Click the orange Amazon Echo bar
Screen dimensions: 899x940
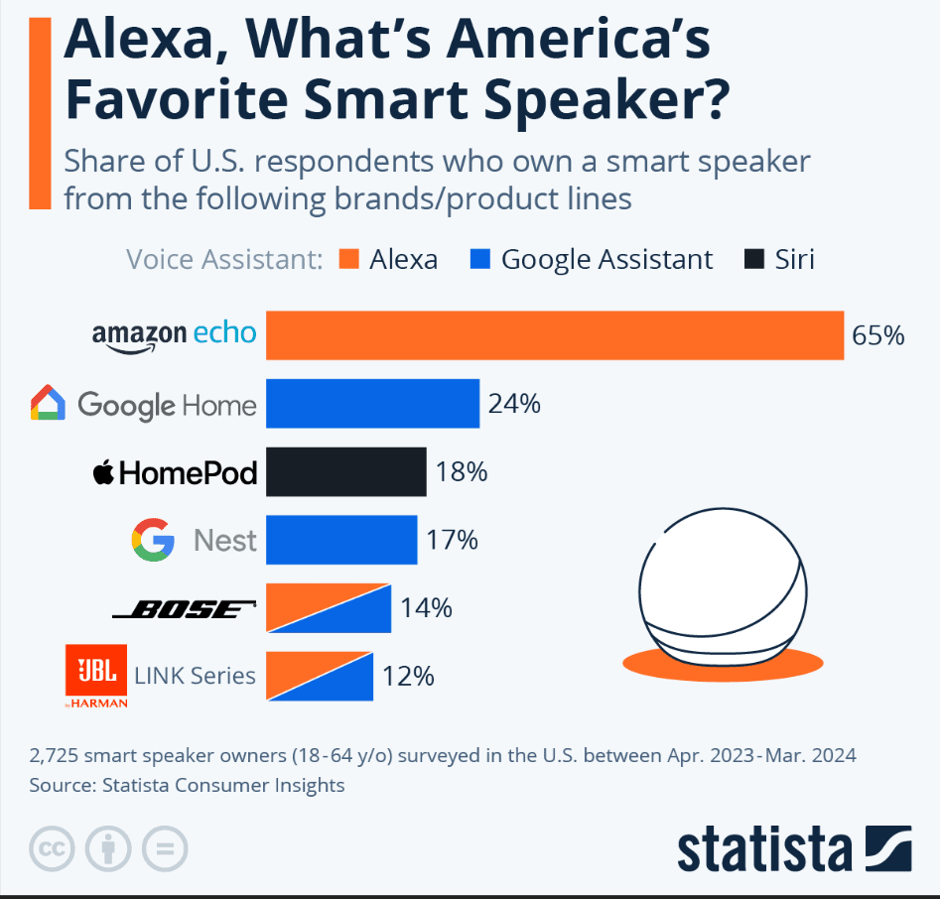[x=554, y=334]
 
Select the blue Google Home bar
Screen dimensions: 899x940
[x=372, y=404]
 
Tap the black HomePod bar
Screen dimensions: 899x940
[x=345, y=471]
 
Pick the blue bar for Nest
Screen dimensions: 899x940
[x=340, y=540]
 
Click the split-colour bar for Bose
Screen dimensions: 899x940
[x=328, y=608]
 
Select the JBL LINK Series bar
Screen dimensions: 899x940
[x=319, y=677]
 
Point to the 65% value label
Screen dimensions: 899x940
[x=877, y=335]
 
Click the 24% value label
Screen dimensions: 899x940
[x=513, y=404]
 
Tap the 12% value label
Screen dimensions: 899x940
[x=407, y=677]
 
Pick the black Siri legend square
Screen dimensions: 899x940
[x=754, y=260]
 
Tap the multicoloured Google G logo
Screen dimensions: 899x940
[x=153, y=541]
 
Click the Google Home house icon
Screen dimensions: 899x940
[x=48, y=404]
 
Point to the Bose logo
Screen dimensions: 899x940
[x=185, y=609]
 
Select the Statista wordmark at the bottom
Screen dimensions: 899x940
[x=764, y=849]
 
